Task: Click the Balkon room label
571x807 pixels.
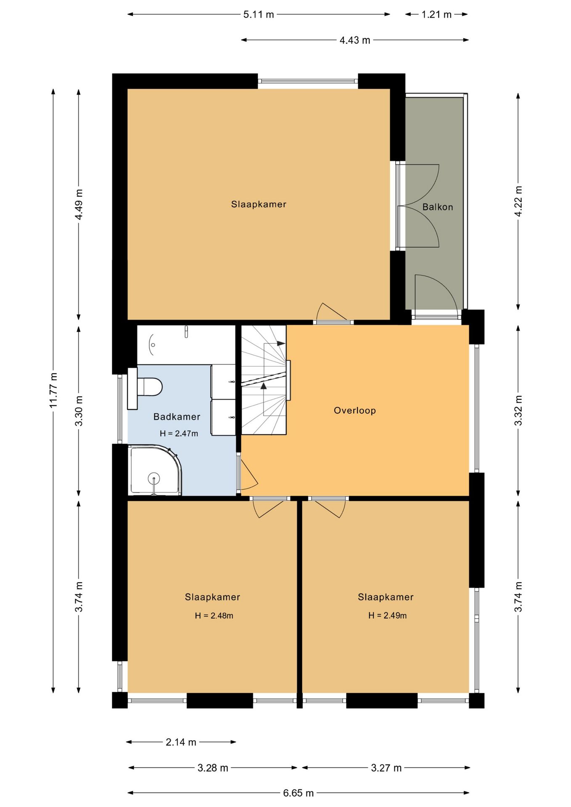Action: click(x=437, y=207)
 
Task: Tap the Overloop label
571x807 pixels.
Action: click(x=354, y=411)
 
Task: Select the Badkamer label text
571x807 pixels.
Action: click(x=177, y=417)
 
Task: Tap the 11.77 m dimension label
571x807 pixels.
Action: click(x=53, y=390)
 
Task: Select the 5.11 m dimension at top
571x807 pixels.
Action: click(x=259, y=15)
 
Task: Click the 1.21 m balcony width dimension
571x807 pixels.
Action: click(x=436, y=15)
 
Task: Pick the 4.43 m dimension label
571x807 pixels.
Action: click(x=355, y=40)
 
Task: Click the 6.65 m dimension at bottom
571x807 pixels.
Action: click(x=298, y=793)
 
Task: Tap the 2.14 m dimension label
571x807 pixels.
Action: click(x=181, y=742)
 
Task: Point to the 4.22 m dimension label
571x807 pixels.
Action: click(x=518, y=201)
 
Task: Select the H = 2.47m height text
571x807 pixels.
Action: click(x=179, y=434)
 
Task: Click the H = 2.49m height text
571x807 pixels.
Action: click(x=387, y=616)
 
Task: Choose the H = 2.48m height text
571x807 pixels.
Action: click(x=214, y=616)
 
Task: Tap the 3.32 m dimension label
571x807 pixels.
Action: click(x=518, y=410)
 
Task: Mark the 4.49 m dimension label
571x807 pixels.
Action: click(x=79, y=204)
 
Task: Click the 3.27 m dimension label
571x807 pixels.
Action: click(x=386, y=768)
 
